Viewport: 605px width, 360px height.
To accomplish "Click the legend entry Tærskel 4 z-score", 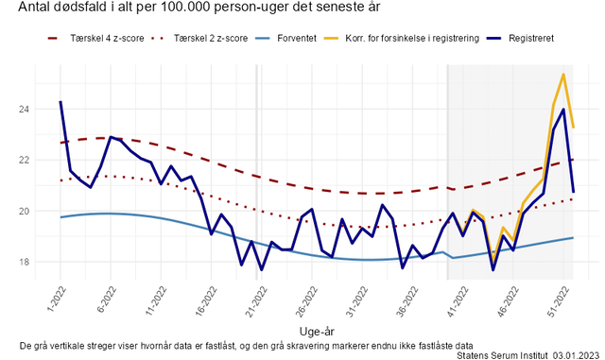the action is point(95,38).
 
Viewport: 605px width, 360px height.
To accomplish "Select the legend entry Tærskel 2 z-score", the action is point(199,38).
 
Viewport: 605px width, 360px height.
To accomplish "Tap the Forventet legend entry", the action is point(285,38).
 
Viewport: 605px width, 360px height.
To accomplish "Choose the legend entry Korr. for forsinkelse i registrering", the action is point(401,38).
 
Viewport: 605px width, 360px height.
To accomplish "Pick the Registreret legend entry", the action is point(520,38).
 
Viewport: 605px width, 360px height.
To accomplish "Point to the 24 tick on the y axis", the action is point(24,110).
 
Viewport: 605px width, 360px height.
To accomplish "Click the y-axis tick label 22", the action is point(24,160).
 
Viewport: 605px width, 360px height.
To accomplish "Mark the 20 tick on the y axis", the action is point(24,211).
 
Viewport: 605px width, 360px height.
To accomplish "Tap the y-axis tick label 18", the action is point(24,262).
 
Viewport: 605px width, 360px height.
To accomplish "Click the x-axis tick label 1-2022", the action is point(57,299).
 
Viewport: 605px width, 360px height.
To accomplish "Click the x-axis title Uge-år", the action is point(317,331).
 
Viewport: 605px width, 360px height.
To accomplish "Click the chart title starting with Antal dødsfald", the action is point(199,7).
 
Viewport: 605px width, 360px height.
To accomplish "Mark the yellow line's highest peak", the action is point(563,74).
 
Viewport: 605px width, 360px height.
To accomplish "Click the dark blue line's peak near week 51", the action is point(563,110).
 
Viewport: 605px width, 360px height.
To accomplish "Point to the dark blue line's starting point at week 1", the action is point(60,102).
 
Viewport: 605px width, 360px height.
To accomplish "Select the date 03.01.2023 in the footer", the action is point(576,355).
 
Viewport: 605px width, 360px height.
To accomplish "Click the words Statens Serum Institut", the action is point(502,355).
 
